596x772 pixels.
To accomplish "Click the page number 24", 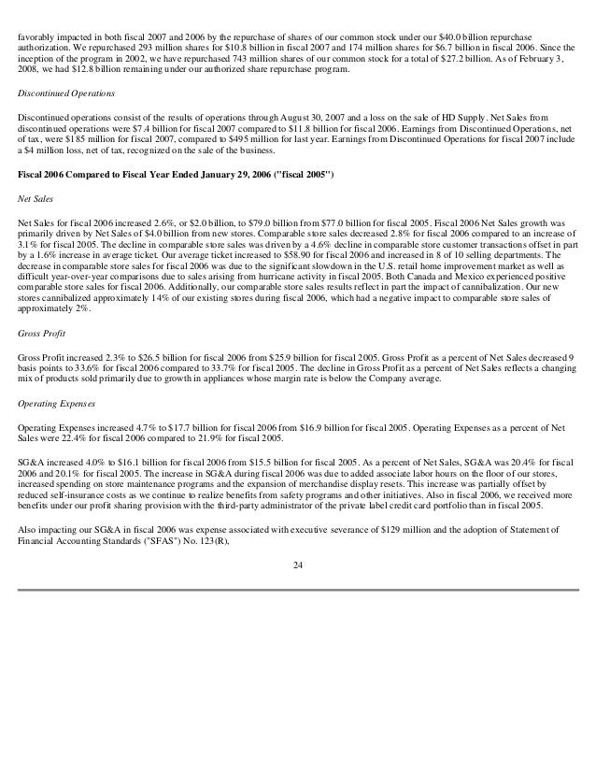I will tap(297, 559).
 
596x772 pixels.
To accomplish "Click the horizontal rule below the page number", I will tap(297, 589).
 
